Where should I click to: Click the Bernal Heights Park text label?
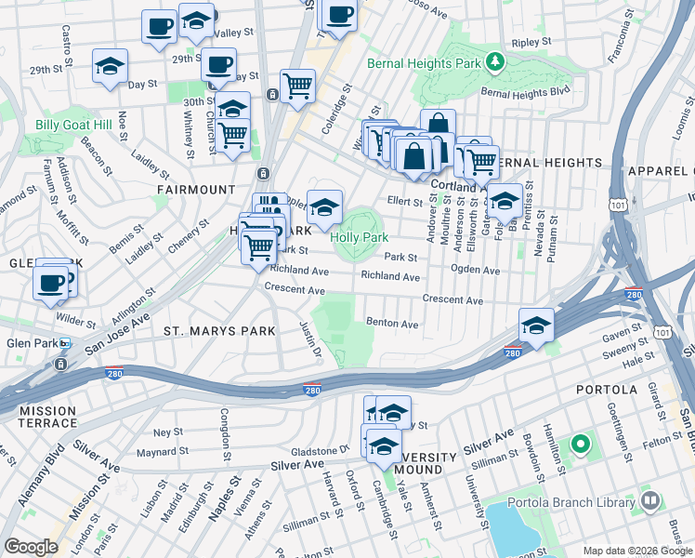425,64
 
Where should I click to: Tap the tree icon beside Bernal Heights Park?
496,62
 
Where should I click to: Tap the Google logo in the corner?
31,546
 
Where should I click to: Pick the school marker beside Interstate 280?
536,325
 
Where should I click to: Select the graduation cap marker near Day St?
110,67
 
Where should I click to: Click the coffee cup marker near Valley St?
159,25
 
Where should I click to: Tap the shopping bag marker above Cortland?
438,125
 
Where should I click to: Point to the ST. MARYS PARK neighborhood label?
219,330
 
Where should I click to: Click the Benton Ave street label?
392,325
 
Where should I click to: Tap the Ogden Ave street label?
475,271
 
